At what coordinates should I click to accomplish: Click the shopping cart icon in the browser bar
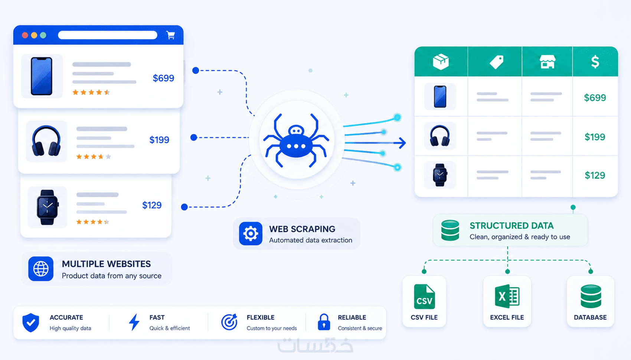pyautogui.click(x=171, y=35)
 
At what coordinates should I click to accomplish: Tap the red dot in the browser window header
pyautogui.click(x=25, y=35)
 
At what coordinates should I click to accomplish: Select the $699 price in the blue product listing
pyautogui.click(x=163, y=78)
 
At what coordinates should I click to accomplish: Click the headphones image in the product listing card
pyautogui.click(x=46, y=141)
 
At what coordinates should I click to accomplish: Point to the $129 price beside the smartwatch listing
pyautogui.click(x=152, y=205)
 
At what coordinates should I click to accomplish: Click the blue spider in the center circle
pyautogui.click(x=296, y=140)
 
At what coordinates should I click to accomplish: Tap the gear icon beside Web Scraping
pyautogui.click(x=251, y=233)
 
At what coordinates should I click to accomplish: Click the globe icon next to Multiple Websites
pyautogui.click(x=41, y=269)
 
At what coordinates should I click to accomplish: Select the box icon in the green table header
pyautogui.click(x=441, y=62)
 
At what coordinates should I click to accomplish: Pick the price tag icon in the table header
pyautogui.click(x=496, y=62)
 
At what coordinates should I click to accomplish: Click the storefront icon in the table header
pyautogui.click(x=547, y=62)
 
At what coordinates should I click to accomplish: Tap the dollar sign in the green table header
pyautogui.click(x=595, y=62)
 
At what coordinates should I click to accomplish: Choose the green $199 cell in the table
pyautogui.click(x=595, y=137)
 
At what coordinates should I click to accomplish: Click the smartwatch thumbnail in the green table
pyautogui.click(x=440, y=175)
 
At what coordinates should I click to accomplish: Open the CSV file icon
pyautogui.click(x=424, y=297)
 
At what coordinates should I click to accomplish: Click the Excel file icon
pyautogui.click(x=507, y=296)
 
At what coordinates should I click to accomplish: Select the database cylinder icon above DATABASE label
pyautogui.click(x=591, y=296)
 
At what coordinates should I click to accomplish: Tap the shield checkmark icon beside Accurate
pyautogui.click(x=31, y=323)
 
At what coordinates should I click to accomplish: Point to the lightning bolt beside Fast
pyautogui.click(x=134, y=322)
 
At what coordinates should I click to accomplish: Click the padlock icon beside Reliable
pyautogui.click(x=324, y=322)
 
